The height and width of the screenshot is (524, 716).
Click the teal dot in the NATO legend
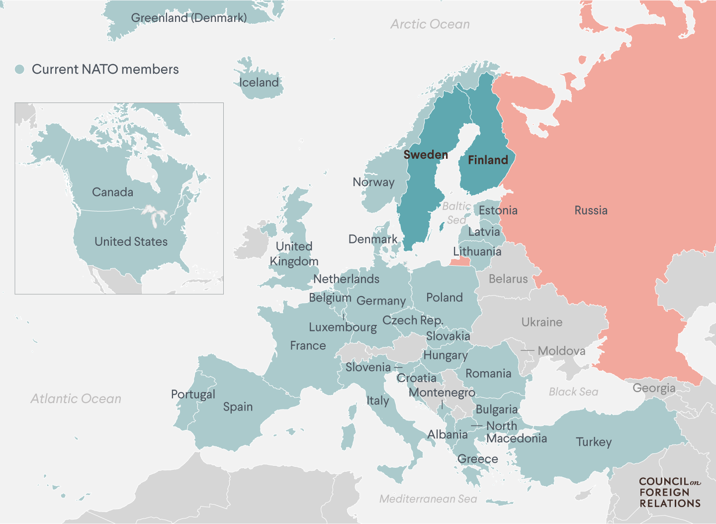(x=19, y=69)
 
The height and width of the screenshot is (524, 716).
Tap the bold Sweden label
(x=426, y=155)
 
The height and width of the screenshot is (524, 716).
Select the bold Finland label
(x=488, y=160)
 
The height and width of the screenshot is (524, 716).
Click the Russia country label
(x=591, y=210)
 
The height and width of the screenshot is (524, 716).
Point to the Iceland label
(x=259, y=83)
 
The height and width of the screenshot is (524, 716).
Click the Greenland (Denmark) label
(x=189, y=18)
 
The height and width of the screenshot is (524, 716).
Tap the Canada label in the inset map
(x=112, y=192)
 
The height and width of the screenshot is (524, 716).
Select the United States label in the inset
(x=131, y=242)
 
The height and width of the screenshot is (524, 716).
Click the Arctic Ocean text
(x=430, y=24)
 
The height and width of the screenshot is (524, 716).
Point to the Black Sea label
(x=573, y=392)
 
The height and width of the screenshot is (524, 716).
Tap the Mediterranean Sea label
(x=428, y=499)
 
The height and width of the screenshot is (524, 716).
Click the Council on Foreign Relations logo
(x=670, y=493)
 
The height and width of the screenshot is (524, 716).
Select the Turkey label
(x=594, y=442)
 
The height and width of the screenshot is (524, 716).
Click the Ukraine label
(x=541, y=322)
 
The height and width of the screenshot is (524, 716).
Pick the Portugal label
(x=193, y=395)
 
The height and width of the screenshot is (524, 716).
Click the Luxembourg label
(x=343, y=327)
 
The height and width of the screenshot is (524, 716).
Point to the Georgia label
(x=654, y=388)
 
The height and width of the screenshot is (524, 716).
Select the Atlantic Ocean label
(x=76, y=399)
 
